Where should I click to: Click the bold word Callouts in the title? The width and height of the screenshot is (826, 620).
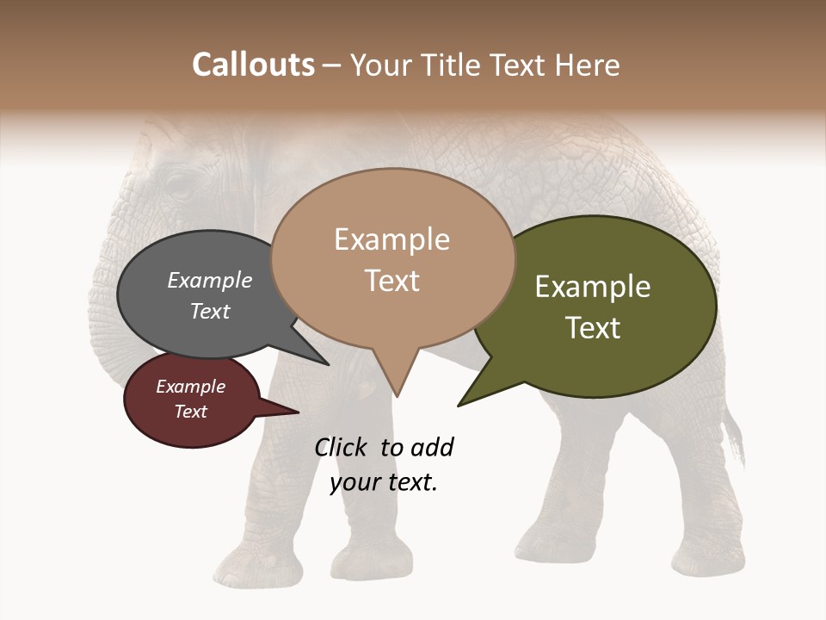[x=253, y=65]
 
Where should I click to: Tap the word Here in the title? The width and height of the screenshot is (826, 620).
[x=589, y=65]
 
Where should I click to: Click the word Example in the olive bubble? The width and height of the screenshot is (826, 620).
[x=593, y=287]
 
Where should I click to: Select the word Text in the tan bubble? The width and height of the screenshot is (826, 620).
[x=392, y=281]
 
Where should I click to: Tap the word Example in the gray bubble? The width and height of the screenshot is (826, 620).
[x=210, y=281]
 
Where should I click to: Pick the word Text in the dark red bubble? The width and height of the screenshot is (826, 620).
[x=191, y=412]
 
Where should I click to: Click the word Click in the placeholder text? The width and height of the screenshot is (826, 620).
[x=342, y=447]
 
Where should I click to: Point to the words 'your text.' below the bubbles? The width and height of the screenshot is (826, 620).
[x=384, y=482]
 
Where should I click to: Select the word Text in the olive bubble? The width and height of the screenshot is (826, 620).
[x=593, y=328]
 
